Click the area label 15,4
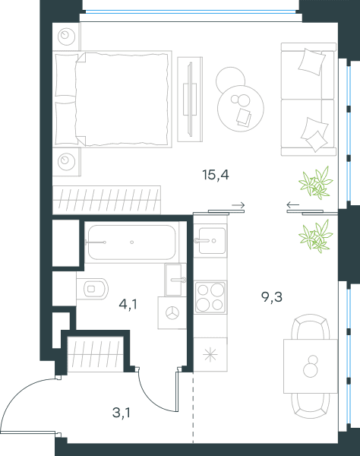tap(216, 175)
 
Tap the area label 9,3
tap(272, 297)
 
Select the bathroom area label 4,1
tap(128, 305)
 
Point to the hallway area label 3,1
tap(122, 413)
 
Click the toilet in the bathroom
tap(93, 289)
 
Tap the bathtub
tap(131, 242)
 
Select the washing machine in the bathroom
tap(172, 313)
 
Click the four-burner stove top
tap(210, 297)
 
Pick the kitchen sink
tap(212, 241)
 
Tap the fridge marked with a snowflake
tap(210, 354)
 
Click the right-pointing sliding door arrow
tap(238, 205)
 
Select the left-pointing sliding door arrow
tap(293, 205)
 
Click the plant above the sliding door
tap(316, 183)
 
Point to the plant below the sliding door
tap(316, 236)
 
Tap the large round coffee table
tap(241, 108)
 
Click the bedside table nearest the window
tap(66, 36)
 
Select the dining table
tap(311, 366)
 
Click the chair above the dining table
tap(311, 326)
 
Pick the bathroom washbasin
tap(175, 280)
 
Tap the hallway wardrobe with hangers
tap(95, 353)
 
